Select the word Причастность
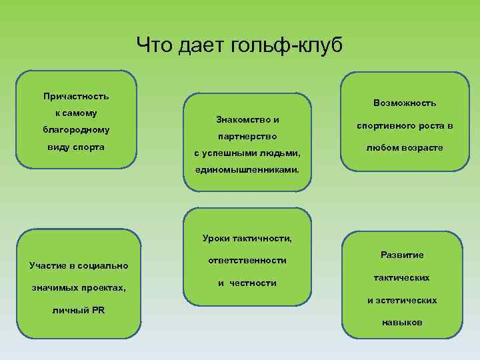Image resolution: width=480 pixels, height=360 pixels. click(75, 97)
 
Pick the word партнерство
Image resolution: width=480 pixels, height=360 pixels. click(247, 137)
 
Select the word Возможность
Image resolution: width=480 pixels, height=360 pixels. click(405, 103)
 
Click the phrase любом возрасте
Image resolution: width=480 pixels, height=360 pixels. click(405, 147)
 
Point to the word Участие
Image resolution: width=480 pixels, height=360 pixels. click(53, 266)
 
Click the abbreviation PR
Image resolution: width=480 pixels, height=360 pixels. click(97, 310)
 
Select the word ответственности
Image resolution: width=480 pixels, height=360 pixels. click(247, 260)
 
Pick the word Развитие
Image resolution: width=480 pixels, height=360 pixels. click(402, 255)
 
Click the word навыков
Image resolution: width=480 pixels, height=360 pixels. click(402, 322)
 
